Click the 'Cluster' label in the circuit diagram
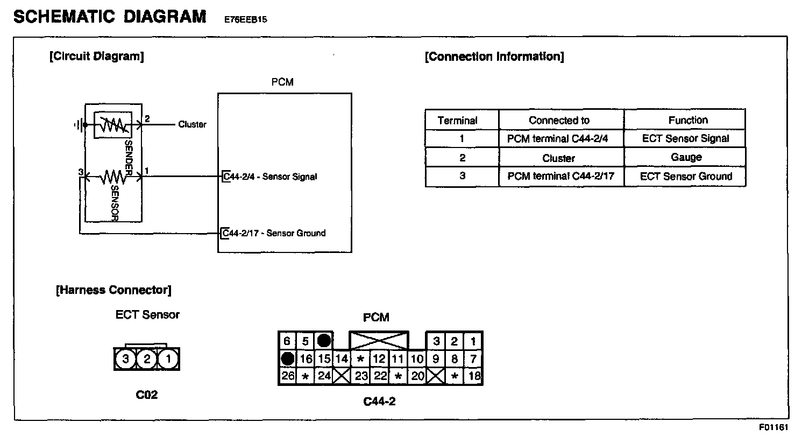[192, 124]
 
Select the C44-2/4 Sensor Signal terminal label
[270, 177]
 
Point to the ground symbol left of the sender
[79, 125]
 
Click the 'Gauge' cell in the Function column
[686, 157]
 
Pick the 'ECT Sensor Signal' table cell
[685, 138]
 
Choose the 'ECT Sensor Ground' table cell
[686, 176]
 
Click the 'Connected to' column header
[559, 121]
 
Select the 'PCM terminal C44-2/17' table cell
[560, 176]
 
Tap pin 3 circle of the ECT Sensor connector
[125, 359]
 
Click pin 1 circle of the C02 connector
[168, 359]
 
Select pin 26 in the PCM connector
[288, 376]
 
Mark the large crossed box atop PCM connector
[379, 341]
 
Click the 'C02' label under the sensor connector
[146, 395]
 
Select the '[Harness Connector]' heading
[113, 290]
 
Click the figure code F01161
[773, 427]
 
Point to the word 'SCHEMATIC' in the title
[63, 17]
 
